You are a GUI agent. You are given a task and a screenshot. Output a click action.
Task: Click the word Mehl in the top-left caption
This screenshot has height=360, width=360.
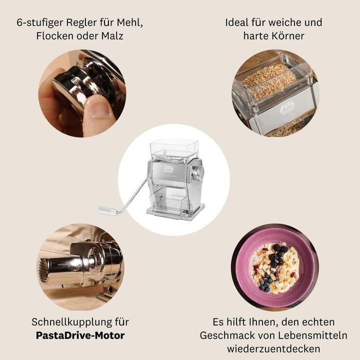128,23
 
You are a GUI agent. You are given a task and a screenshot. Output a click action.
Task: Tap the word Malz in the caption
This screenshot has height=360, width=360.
112,37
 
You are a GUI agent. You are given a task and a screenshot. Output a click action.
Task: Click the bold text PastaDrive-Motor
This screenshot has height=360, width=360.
80,335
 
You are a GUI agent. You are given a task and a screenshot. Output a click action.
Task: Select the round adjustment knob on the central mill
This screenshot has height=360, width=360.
198,174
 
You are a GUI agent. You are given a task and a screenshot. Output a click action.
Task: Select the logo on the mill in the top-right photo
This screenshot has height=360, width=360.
290,106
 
